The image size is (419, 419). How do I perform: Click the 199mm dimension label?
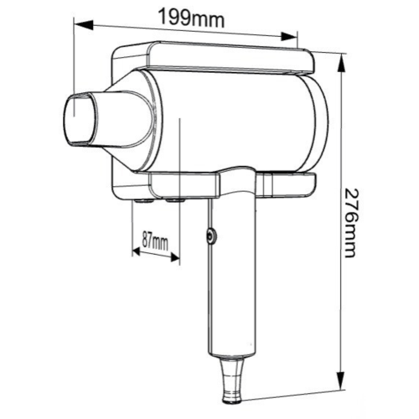pyautogui.click(x=192, y=18)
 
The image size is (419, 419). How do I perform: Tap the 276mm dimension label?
pyautogui.click(x=349, y=223)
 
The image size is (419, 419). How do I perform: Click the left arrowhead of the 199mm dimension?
pyautogui.click(x=83, y=24)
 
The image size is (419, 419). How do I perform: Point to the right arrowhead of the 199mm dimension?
pyautogui.click(x=288, y=36)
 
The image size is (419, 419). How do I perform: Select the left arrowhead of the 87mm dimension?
pyautogui.click(x=136, y=251)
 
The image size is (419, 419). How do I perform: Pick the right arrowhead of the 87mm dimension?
pyautogui.click(x=175, y=258)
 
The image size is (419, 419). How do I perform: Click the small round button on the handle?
pyautogui.click(x=211, y=237)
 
